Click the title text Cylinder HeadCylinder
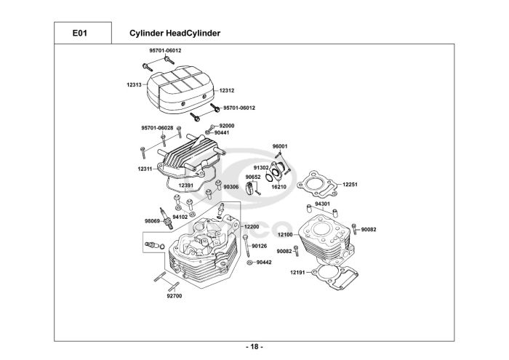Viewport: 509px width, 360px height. (x=175, y=33)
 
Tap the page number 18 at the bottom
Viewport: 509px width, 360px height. (x=254, y=346)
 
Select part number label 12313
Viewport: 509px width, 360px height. (x=134, y=85)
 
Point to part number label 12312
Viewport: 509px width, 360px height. (x=227, y=90)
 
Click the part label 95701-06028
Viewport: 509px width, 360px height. (x=157, y=128)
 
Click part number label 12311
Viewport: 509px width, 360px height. (x=144, y=169)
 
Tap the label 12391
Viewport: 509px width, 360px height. (x=186, y=185)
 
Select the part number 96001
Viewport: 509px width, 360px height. (x=280, y=147)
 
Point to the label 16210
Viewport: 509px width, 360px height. (x=279, y=187)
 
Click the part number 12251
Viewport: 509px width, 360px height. (x=350, y=185)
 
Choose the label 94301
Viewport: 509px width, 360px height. (x=322, y=204)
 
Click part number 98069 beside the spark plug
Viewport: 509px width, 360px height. (x=151, y=220)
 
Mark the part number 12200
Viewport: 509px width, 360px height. (x=252, y=227)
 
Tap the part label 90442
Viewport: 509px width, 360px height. (x=263, y=262)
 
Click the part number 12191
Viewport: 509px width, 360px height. (x=298, y=272)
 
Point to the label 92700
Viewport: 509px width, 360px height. (x=175, y=295)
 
